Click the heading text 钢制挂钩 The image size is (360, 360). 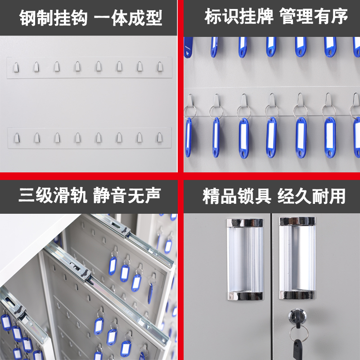[x=53, y=18]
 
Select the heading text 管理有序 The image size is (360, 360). [x=314, y=17]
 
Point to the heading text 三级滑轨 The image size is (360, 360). [x=53, y=195]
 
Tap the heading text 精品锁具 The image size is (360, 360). [x=237, y=196]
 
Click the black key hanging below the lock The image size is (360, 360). [x=297, y=348]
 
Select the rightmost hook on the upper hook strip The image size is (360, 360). [x=160, y=67]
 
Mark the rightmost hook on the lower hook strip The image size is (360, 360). [x=160, y=137]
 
